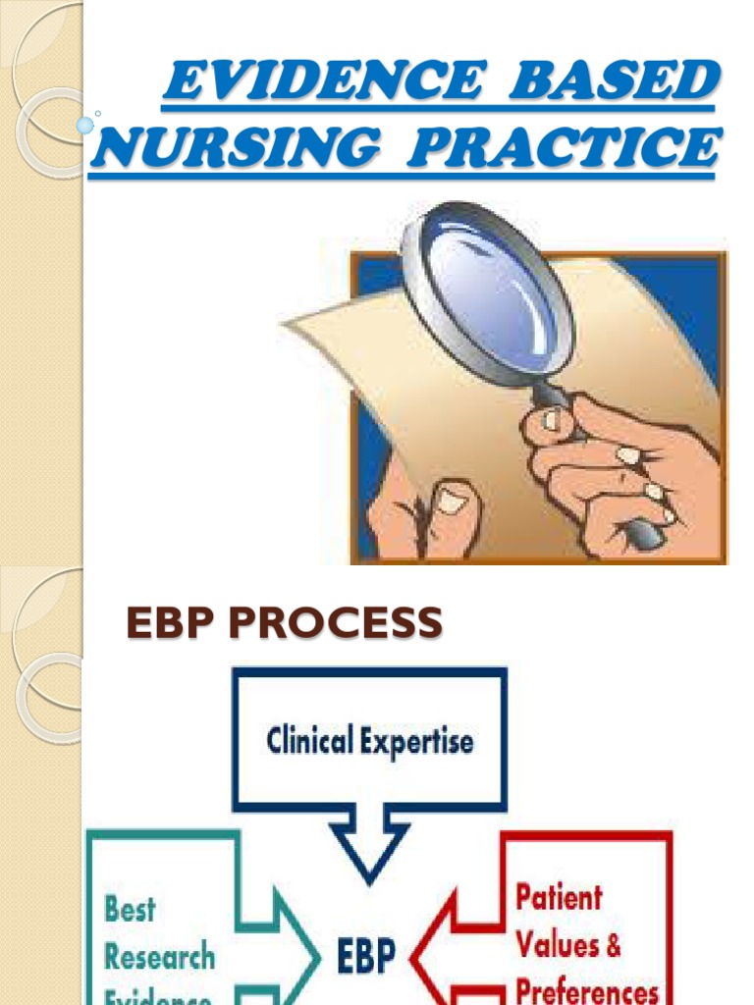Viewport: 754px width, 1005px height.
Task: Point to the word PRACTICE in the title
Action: [564, 149]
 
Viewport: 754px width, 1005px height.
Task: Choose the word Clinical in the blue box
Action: [312, 740]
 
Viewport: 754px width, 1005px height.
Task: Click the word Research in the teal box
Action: [159, 955]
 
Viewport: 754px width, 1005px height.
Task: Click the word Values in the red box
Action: [556, 945]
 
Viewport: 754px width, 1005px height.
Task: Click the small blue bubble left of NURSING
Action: [85, 125]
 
